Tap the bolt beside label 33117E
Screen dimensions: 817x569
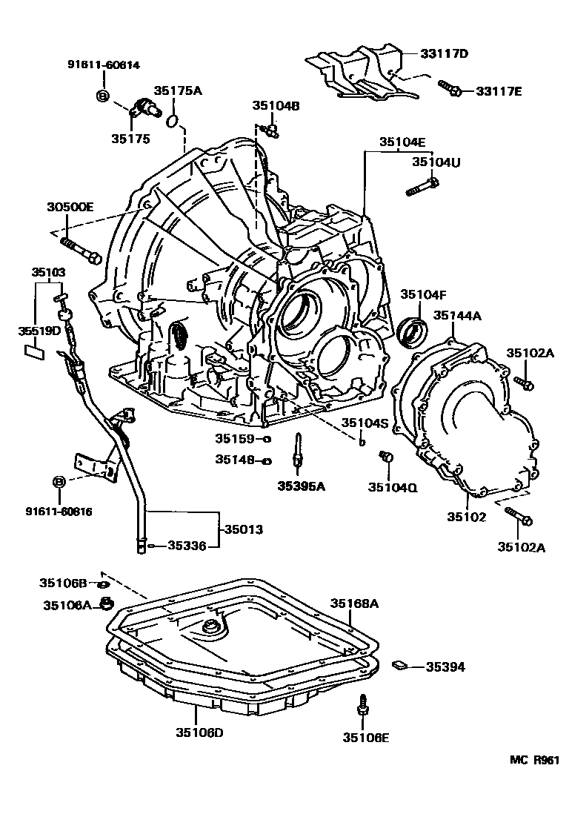click(450, 89)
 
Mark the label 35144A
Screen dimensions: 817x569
click(457, 315)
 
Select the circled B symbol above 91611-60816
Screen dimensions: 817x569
click(59, 483)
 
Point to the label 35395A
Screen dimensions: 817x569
click(302, 486)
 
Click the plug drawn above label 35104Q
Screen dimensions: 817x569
click(385, 458)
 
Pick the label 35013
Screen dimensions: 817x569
click(244, 530)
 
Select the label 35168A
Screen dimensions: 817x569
click(354, 603)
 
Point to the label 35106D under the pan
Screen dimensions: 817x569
click(199, 732)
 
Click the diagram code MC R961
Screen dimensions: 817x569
click(533, 760)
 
